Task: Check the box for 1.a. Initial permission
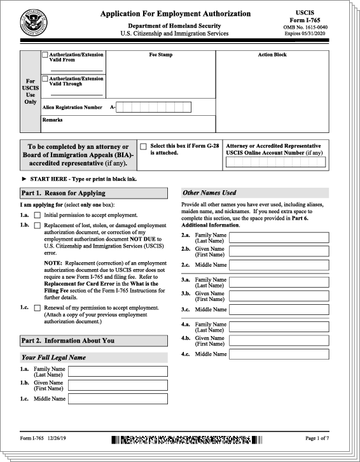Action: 38,216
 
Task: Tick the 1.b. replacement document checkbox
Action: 38,225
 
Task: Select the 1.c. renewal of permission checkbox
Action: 38,308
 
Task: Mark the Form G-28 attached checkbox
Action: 143,146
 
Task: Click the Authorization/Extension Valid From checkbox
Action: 45,55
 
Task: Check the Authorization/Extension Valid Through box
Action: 45,79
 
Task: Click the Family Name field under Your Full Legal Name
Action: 118,371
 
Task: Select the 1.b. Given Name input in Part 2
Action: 118,385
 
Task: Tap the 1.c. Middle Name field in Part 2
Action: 118,399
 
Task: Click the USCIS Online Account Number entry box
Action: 275,162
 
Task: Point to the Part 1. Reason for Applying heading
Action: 64,193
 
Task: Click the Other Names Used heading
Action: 209,192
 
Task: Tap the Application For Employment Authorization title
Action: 174,14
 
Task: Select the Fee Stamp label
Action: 160,55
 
